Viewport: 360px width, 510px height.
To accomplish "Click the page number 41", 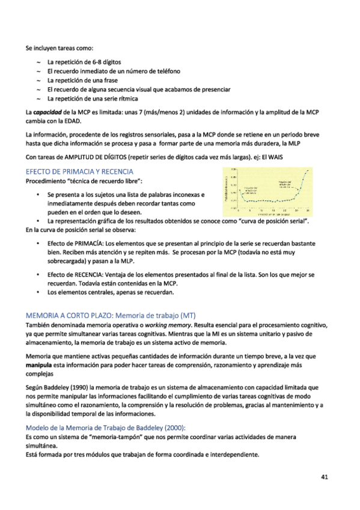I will point(323,478).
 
